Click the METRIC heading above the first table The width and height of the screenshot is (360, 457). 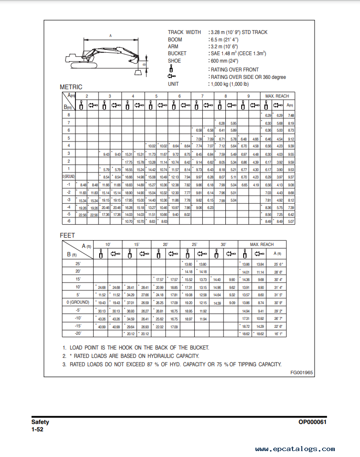[x=71, y=87]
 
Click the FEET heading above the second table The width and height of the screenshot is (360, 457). [x=68, y=236]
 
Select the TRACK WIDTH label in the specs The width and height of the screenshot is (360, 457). [x=184, y=33]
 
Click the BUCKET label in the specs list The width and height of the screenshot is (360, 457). [x=177, y=54]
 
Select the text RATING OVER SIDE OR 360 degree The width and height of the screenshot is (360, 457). [x=248, y=77]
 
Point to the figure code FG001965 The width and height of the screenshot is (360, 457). [x=302, y=372]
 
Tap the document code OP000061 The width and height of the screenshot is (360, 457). [x=313, y=422]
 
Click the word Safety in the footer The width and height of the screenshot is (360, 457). [x=40, y=422]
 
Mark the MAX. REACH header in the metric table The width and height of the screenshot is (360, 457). [x=277, y=96]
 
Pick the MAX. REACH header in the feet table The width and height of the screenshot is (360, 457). [x=262, y=245]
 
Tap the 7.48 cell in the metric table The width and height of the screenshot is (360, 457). [x=291, y=115]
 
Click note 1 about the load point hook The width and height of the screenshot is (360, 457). [x=136, y=348]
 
